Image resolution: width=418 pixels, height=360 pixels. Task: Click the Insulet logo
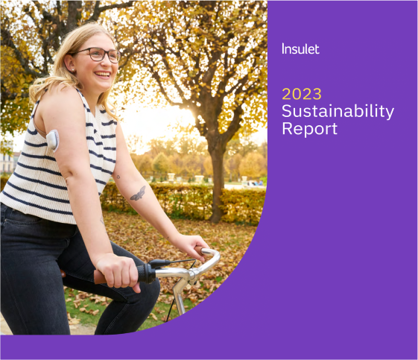pyautogui.click(x=300, y=48)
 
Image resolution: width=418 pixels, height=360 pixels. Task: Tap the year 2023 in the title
pyautogui.click(x=301, y=94)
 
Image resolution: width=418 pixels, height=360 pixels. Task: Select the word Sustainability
pyautogui.click(x=338, y=111)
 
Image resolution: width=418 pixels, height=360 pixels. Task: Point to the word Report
pyautogui.click(x=309, y=128)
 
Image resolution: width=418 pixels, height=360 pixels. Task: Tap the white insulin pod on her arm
pyautogui.click(x=53, y=139)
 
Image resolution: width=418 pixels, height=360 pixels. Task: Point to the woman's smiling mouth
pyautogui.click(x=103, y=75)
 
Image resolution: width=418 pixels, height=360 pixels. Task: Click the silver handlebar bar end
pyautogui.click(x=212, y=257)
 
